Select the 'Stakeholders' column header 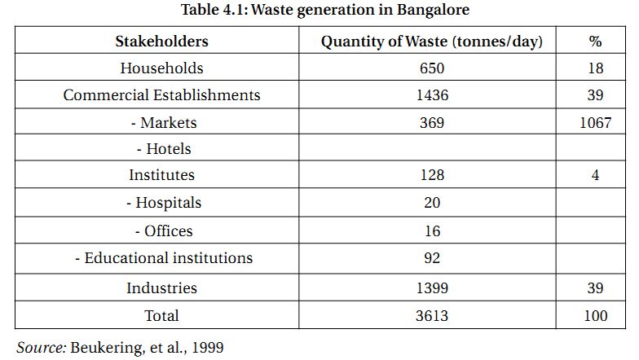click(x=161, y=41)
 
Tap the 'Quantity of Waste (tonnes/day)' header click(x=432, y=41)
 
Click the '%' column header click(x=595, y=41)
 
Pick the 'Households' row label click(x=161, y=68)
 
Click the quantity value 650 click(x=432, y=68)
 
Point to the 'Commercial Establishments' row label click(x=161, y=95)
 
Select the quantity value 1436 click(x=432, y=95)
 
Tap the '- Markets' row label click(x=164, y=123)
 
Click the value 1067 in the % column click(x=595, y=123)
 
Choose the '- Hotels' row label click(x=164, y=149)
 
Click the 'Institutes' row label click(x=161, y=175)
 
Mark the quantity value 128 click(x=432, y=175)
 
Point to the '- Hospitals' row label click(x=164, y=203)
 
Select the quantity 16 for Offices click(x=432, y=230)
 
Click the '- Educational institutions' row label click(x=164, y=258)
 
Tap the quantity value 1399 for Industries click(x=432, y=288)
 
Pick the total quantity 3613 click(x=432, y=315)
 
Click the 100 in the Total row click(x=595, y=315)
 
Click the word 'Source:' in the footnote click(x=41, y=347)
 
